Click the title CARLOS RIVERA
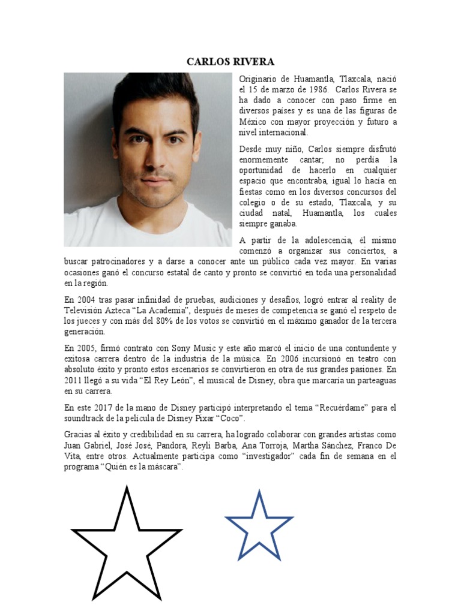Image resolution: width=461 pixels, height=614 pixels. pos(230,61)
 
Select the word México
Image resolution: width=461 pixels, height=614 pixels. pos(253,122)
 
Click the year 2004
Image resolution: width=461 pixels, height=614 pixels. pos(87,300)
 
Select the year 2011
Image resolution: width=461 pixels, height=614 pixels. pos(76,381)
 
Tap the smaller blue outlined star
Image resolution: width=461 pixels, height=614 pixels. pos(259,526)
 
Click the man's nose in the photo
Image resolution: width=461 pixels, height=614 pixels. pos(156,158)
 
